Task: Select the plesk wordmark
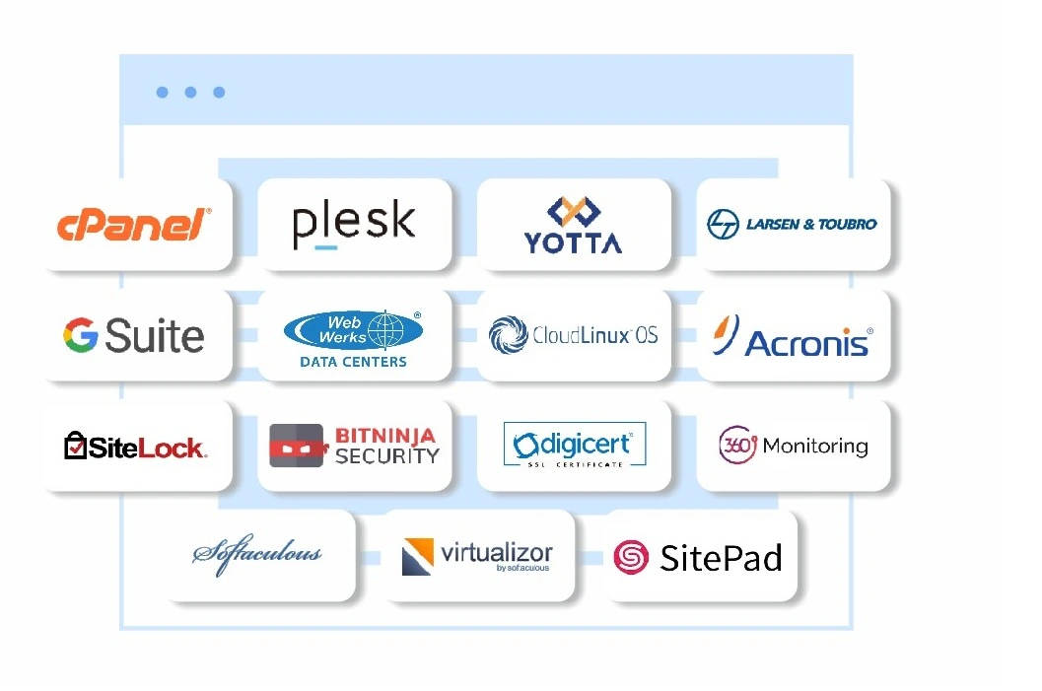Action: pyautogui.click(x=354, y=224)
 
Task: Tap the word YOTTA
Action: pyautogui.click(x=574, y=242)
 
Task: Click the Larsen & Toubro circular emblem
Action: pyautogui.click(x=723, y=224)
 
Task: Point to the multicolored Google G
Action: pyautogui.click(x=81, y=334)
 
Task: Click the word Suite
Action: pyautogui.click(x=155, y=335)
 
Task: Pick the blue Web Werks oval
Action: pyautogui.click(x=353, y=329)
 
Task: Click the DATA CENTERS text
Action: pyautogui.click(x=353, y=362)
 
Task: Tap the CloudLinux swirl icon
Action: pyautogui.click(x=509, y=334)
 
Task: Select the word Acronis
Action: pyautogui.click(x=806, y=343)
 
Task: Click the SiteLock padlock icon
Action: pyautogui.click(x=75, y=446)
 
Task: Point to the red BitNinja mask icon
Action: pyautogui.click(x=298, y=446)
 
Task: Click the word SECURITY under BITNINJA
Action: pyautogui.click(x=386, y=455)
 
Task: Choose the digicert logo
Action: pyautogui.click(x=575, y=445)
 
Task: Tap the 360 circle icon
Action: pyautogui.click(x=737, y=445)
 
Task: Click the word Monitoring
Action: pyautogui.click(x=815, y=446)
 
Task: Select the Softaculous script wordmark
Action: pyautogui.click(x=257, y=553)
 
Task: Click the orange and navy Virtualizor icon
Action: pyautogui.click(x=418, y=556)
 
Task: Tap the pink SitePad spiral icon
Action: pyautogui.click(x=631, y=557)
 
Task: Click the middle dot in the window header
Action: pyautogui.click(x=190, y=92)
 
